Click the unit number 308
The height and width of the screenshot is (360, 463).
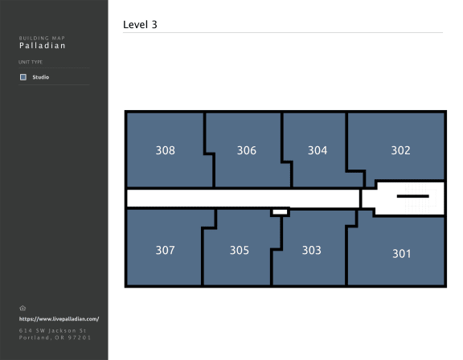pyautogui.click(x=166, y=150)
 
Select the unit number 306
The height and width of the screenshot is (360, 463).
pyautogui.click(x=247, y=150)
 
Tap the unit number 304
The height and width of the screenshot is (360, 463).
pyautogui.click(x=318, y=150)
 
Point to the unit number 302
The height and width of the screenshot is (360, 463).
pyautogui.click(x=400, y=150)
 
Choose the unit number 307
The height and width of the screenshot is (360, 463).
pyautogui.click(x=166, y=250)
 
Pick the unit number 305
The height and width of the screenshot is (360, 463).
pyautogui.click(x=240, y=250)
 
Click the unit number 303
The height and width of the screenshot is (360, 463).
pyautogui.click(x=312, y=250)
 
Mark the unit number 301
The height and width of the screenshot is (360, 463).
pyautogui.click(x=402, y=254)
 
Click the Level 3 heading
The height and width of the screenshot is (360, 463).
pyautogui.click(x=140, y=24)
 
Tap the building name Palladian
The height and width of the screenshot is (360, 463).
pyautogui.click(x=43, y=46)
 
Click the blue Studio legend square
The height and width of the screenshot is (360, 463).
pyautogui.click(x=23, y=77)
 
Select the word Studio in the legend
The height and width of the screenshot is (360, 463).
pyautogui.click(x=41, y=77)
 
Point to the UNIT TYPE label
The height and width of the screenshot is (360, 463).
pyautogui.click(x=31, y=62)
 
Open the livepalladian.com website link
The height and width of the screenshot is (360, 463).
pyautogui.click(x=59, y=319)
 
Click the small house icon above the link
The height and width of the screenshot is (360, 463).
pyautogui.click(x=23, y=308)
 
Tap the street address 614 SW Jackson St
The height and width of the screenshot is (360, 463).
pyautogui.click(x=52, y=330)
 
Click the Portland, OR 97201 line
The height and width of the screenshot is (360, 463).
pyautogui.click(x=55, y=337)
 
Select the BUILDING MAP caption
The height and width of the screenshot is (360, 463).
pyautogui.click(x=42, y=38)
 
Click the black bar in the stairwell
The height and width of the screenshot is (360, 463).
pyautogui.click(x=413, y=196)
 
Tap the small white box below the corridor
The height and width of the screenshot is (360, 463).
pyautogui.click(x=280, y=212)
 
